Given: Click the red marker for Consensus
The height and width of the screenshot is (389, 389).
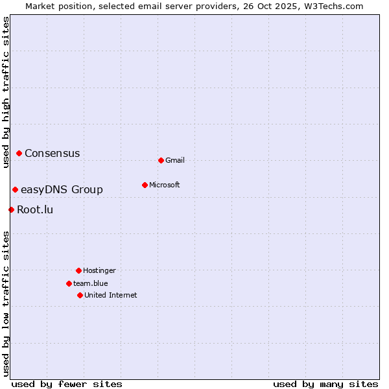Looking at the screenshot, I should pyautogui.click(x=19, y=153).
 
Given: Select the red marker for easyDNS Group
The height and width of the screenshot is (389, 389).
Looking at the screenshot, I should pyautogui.click(x=15, y=189).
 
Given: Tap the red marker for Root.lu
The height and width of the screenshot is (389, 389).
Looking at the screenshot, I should pyautogui.click(x=11, y=209).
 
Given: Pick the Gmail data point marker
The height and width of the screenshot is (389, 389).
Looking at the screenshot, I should pyautogui.click(x=161, y=160).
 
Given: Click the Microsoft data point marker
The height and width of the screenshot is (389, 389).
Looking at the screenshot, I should pyautogui.click(x=145, y=185).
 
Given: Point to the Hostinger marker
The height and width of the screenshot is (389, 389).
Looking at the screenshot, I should pyautogui.click(x=78, y=270).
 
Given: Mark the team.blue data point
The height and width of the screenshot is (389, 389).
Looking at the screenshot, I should pyautogui.click(x=69, y=283).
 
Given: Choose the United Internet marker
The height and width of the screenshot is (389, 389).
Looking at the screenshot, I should pyautogui.click(x=80, y=295).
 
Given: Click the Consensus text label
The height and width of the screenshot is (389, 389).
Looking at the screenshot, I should pyautogui.click(x=53, y=154).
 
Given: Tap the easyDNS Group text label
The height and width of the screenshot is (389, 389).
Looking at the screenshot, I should pyautogui.click(x=62, y=190).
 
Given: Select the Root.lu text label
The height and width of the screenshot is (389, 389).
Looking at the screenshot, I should pyautogui.click(x=35, y=210).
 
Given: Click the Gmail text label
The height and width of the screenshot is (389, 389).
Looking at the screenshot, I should pyautogui.click(x=175, y=161).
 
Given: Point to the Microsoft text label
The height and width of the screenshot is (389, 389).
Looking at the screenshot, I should pyautogui.click(x=165, y=185).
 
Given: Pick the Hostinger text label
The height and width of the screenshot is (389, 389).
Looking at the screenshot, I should pyautogui.click(x=99, y=271).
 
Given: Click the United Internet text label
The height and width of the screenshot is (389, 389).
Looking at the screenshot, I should pyautogui.click(x=110, y=296).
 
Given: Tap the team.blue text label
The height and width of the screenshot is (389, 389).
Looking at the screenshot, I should pyautogui.click(x=90, y=284).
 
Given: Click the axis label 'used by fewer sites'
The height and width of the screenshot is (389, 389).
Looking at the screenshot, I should pyautogui.click(x=67, y=384).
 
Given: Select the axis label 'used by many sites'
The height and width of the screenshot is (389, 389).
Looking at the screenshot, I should pyautogui.click(x=325, y=384).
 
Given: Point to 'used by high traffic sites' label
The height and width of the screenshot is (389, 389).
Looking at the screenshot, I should pyautogui.click(x=6, y=92).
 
